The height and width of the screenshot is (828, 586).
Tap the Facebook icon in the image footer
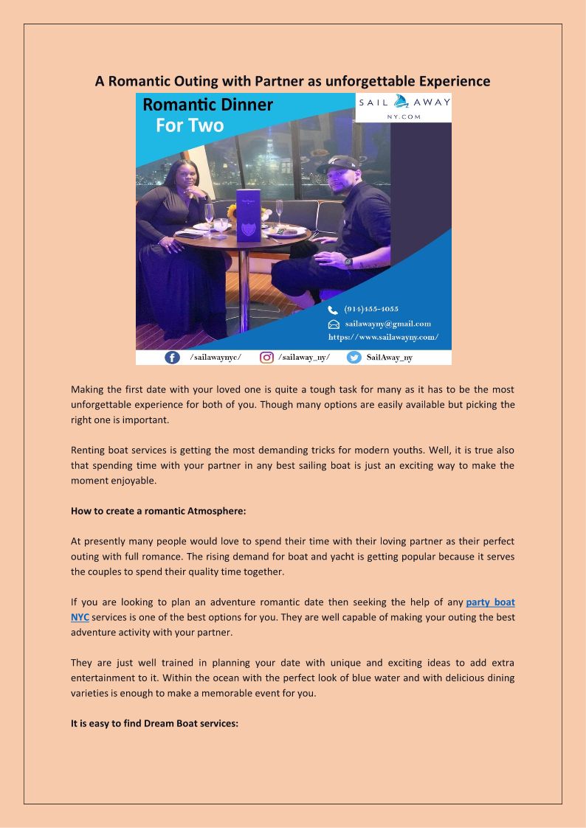coord(172,358)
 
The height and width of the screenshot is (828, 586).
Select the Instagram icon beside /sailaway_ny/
coord(266,358)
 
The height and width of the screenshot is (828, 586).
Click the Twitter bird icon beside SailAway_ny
coord(354,358)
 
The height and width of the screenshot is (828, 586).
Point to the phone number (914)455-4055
coord(371,310)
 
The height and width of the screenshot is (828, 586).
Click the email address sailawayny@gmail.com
coord(387,324)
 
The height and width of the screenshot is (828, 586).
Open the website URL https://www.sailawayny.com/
coord(383,337)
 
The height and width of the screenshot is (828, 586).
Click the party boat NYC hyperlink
coord(490,602)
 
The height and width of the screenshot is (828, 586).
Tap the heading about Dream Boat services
coord(154,723)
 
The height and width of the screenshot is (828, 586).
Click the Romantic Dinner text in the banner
coord(207,105)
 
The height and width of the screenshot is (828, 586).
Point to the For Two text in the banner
coord(190,125)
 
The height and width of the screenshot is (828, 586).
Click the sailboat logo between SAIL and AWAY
coord(401,102)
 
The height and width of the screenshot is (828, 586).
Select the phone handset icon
coord(333,310)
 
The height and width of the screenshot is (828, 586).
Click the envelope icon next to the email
coord(334,324)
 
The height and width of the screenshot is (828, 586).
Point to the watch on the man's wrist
coord(348,262)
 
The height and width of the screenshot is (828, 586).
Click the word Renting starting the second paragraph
coord(89,450)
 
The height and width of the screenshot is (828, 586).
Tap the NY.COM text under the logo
coord(404,116)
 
